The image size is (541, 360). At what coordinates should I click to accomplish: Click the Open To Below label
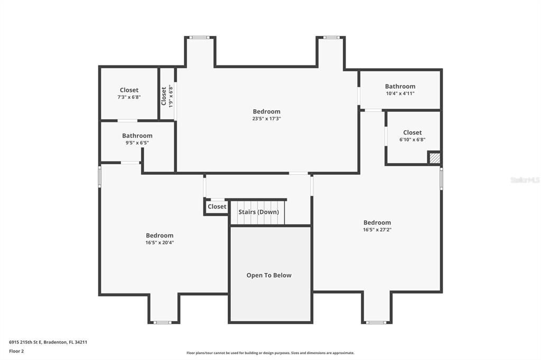(269, 275)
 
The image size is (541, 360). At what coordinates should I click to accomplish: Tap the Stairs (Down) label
(258, 212)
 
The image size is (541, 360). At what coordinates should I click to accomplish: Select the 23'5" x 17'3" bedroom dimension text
(266, 119)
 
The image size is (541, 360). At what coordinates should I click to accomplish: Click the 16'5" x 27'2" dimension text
(377, 230)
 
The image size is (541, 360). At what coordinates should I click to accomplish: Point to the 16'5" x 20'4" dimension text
(160, 243)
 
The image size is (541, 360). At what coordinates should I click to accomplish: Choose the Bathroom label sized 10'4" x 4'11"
(400, 86)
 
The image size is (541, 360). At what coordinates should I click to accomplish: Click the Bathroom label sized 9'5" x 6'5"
(137, 136)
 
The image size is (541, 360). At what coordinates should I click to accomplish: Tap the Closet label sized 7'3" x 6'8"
(129, 90)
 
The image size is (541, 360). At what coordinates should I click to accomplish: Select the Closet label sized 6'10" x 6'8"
(412, 132)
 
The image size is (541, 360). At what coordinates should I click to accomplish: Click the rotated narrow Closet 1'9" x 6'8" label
(164, 96)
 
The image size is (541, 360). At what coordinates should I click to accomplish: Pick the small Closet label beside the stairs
(217, 206)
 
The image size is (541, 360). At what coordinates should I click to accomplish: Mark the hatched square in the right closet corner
(434, 158)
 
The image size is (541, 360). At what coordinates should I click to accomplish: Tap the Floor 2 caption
(16, 350)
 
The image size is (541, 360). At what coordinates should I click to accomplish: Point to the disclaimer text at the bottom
(270, 353)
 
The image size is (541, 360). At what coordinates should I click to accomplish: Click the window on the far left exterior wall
(99, 177)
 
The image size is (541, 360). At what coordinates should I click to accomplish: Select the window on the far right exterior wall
(441, 178)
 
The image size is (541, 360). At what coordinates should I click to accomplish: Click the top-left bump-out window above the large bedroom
(200, 37)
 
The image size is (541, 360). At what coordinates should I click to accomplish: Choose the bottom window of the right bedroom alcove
(376, 322)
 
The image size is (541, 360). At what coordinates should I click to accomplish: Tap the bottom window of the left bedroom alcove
(163, 322)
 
